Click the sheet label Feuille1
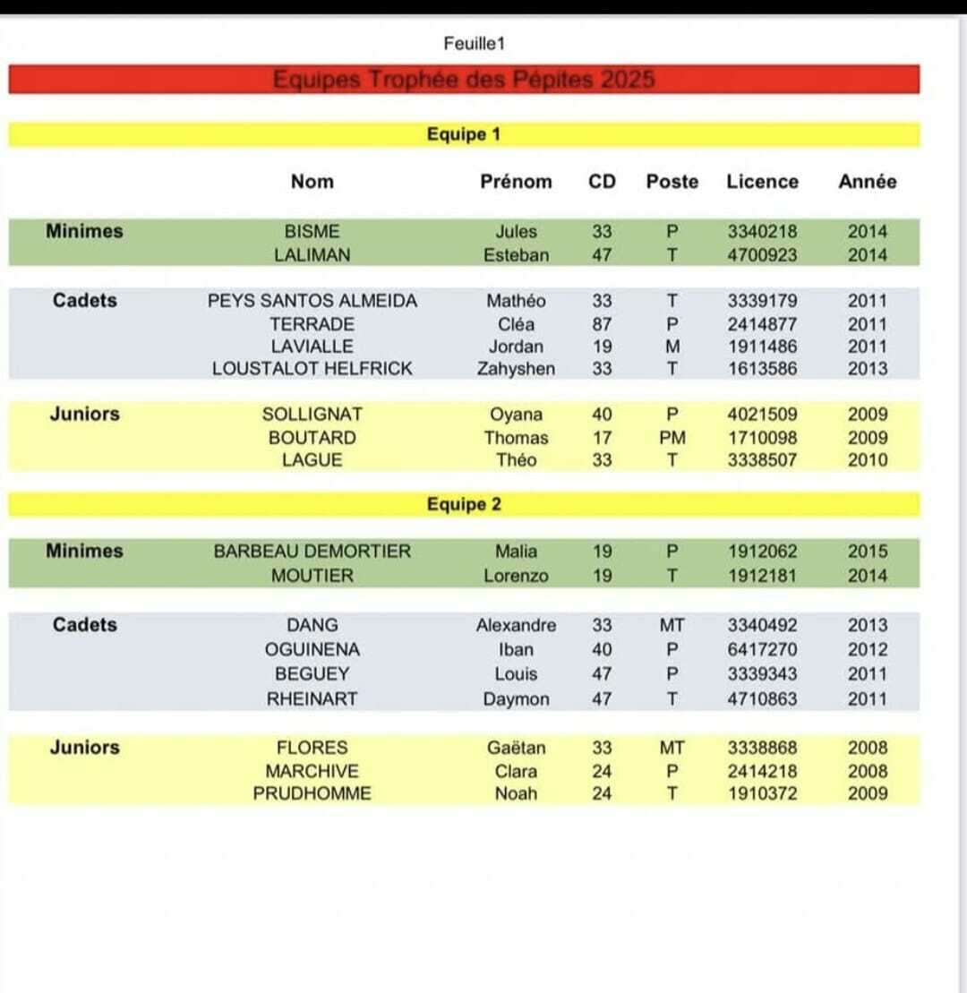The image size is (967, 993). (x=474, y=43)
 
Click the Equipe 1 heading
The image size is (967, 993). (x=463, y=135)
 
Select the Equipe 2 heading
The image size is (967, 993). (x=463, y=505)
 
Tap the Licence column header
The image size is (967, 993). (x=762, y=182)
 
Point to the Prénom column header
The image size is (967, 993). (x=516, y=182)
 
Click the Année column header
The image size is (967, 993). (x=867, y=182)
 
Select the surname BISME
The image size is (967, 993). (x=312, y=232)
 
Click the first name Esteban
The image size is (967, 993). (x=516, y=255)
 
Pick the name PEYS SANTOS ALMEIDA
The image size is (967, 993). (x=312, y=302)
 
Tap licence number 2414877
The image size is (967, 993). (x=762, y=324)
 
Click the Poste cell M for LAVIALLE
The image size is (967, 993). (x=672, y=347)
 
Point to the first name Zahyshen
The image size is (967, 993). (x=516, y=368)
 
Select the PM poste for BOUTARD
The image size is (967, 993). (x=672, y=438)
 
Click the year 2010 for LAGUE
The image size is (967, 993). (x=868, y=460)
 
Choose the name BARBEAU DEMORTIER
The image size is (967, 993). (x=312, y=552)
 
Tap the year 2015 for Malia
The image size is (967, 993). (x=868, y=552)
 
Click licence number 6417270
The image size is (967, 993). (x=762, y=650)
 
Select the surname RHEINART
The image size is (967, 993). (x=312, y=699)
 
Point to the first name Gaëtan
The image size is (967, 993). (x=516, y=748)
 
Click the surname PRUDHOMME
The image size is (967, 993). (x=312, y=793)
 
